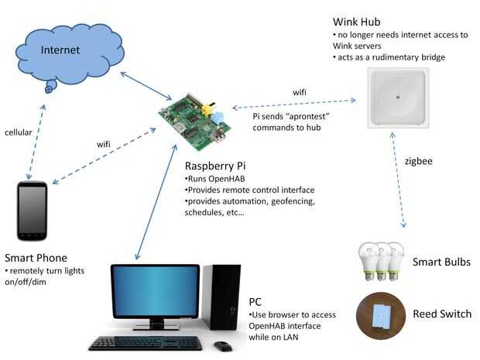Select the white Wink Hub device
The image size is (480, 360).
click(x=397, y=98)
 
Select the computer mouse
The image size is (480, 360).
click(x=223, y=345)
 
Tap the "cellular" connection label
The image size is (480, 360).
click(x=19, y=132)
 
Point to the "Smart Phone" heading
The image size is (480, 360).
click(x=36, y=258)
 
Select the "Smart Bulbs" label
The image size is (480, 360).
click(x=441, y=262)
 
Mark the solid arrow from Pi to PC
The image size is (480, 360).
click(x=156, y=204)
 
